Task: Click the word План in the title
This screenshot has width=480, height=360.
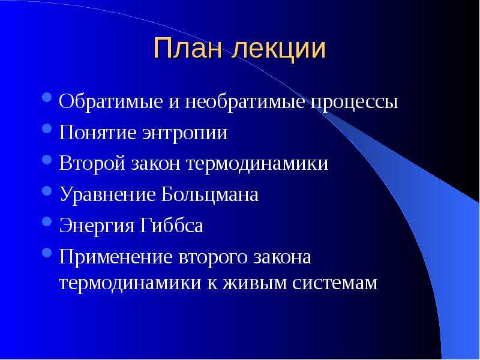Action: click(x=187, y=48)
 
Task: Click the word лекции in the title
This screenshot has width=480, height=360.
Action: click(x=278, y=50)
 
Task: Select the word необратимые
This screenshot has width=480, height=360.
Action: click(x=245, y=101)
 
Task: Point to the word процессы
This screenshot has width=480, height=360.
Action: click(x=354, y=103)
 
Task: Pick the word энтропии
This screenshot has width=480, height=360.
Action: click(x=185, y=134)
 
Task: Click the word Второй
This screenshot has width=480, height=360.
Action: click(x=92, y=164)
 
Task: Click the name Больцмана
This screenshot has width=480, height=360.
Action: click(x=209, y=194)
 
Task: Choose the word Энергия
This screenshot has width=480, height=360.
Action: click(x=97, y=227)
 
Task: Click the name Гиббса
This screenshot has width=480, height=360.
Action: click(x=172, y=226)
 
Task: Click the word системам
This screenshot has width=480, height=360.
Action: click(x=335, y=283)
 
